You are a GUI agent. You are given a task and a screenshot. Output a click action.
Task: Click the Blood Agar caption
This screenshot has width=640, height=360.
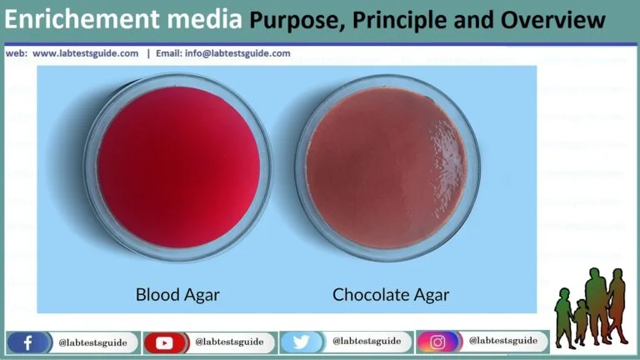(177, 294)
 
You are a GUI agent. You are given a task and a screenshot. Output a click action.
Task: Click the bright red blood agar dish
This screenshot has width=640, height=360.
(177, 167)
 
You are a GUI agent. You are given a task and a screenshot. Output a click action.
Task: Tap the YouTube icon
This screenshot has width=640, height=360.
(162, 342)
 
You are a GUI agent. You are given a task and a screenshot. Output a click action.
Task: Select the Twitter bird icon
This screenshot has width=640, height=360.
(299, 342)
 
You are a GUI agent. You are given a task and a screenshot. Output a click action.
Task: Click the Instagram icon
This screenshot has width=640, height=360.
(437, 342)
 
